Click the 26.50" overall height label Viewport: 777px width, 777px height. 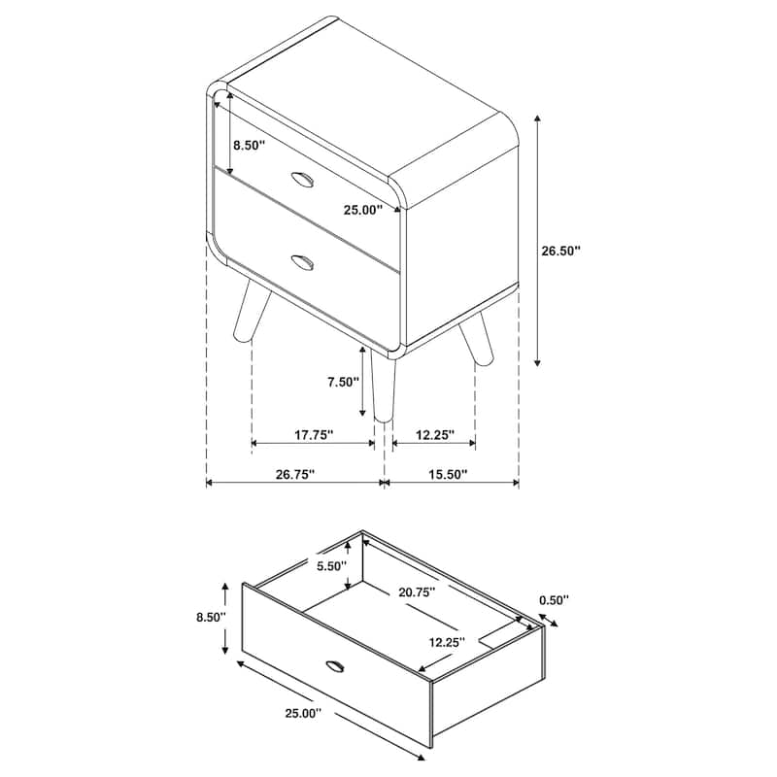[x=560, y=251]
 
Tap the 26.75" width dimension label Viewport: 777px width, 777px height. [x=294, y=474]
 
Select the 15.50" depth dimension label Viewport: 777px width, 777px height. [x=447, y=474]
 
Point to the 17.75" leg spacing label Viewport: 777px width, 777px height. [x=313, y=436]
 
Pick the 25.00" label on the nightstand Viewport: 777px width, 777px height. [x=362, y=209]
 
